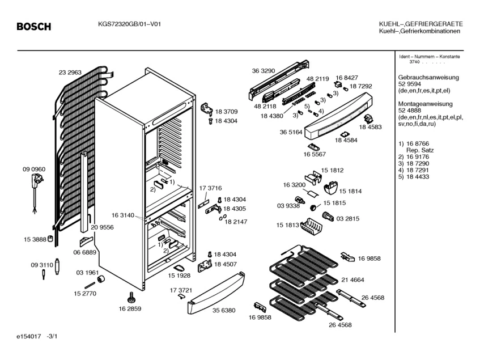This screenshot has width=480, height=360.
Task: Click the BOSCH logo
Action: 33,27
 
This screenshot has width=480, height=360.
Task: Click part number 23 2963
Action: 70,73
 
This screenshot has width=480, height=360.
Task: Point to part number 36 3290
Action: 264,71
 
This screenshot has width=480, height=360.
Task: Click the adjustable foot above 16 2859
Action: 131,297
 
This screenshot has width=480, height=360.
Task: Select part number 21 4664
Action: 352,279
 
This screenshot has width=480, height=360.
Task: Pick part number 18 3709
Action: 226,112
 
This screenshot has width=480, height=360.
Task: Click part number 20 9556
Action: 103,227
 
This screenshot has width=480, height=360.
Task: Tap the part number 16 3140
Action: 122,215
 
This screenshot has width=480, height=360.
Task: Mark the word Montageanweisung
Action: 426,104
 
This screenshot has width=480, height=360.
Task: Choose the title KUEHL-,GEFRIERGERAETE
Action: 421,24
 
